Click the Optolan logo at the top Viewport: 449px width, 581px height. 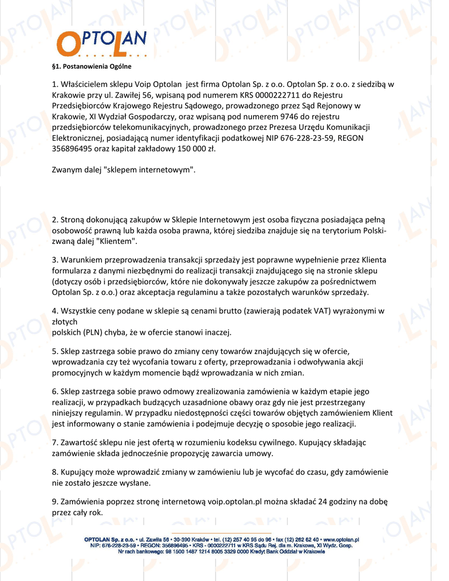pyautogui.click(x=102, y=43)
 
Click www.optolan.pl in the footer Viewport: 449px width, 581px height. pyautogui.click(x=341, y=540)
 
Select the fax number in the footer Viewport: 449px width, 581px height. pyautogui.click(x=297, y=540)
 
